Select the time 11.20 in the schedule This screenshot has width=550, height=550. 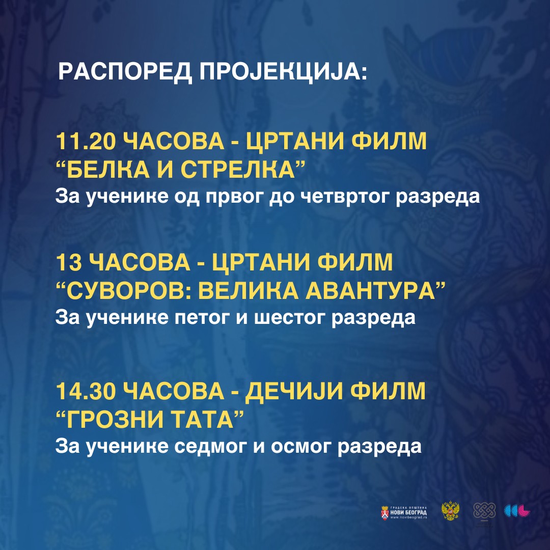click(86, 142)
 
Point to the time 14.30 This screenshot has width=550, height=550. click(86, 391)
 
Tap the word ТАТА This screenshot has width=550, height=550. click(202, 420)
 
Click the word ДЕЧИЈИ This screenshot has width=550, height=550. click(294, 392)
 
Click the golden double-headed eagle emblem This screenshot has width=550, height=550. click(450, 511)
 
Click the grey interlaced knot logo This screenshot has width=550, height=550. click(484, 510)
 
